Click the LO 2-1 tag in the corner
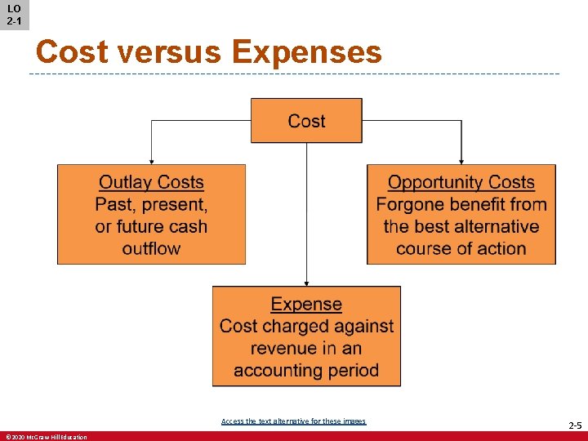click(14, 15)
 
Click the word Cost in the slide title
click(72, 52)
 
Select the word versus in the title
click(169, 52)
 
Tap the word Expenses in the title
click(306, 52)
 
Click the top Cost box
click(306, 121)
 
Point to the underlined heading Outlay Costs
click(151, 183)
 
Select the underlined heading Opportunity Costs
click(461, 183)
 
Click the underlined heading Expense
click(306, 305)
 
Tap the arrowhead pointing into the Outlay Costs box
click(151, 161)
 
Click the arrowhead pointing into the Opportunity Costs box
click(461, 161)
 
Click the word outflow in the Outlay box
click(151, 248)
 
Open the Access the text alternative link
click(293, 421)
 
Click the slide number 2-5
click(574, 426)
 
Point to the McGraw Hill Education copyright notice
click(46, 437)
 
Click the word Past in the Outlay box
click(114, 204)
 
